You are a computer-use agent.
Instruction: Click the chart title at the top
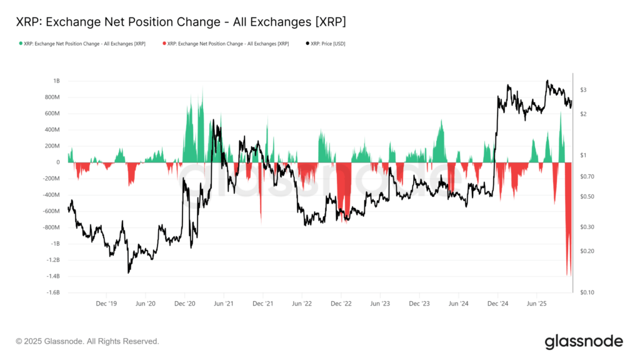point(181,22)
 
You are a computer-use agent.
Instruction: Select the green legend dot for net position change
point(20,44)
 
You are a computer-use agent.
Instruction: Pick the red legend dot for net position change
point(164,44)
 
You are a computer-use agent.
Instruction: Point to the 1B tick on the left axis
point(56,81)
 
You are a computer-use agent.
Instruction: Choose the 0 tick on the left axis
point(57,162)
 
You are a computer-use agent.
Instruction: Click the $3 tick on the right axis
point(582,90)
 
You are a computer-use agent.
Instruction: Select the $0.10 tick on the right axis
point(586,292)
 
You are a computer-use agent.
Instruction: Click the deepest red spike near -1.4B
point(569,274)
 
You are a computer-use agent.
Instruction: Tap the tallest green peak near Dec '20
point(201,91)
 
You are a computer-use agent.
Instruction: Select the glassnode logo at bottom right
point(583,341)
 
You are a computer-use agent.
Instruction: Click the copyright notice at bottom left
point(87,341)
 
